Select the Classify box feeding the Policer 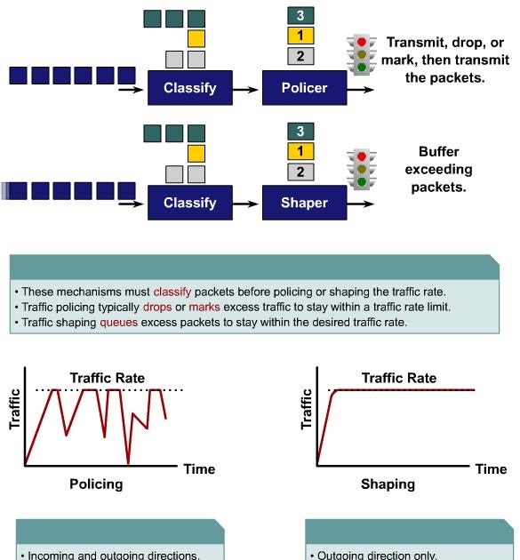tap(189, 88)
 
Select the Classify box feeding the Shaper tap(189, 203)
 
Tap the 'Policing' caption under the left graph tap(96, 484)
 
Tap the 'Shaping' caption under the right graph tap(388, 484)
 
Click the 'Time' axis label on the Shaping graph tap(491, 468)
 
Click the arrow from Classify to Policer tap(247, 89)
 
